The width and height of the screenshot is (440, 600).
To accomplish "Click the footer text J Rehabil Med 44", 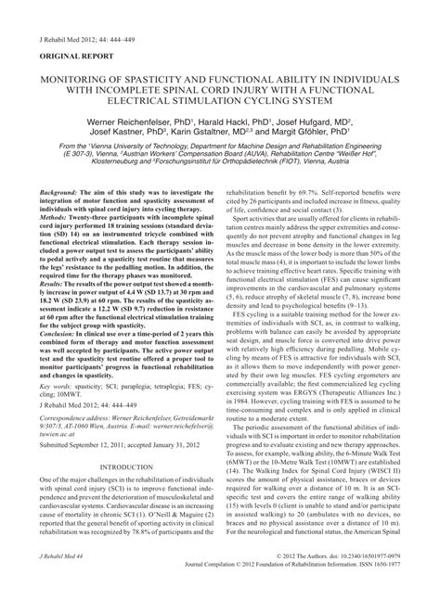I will tap(59, 581).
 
